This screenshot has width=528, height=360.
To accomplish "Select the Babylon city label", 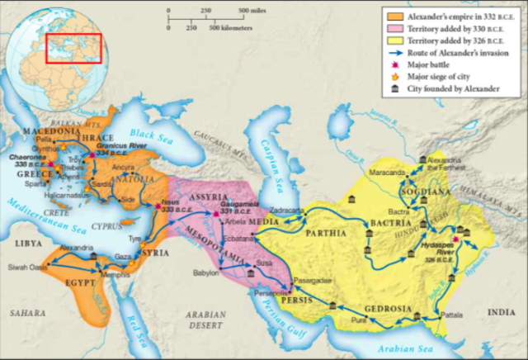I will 205,272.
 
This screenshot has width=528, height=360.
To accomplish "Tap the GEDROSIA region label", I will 390,309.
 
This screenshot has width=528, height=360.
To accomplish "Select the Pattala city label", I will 453,315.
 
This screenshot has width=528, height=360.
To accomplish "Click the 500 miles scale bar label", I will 253,11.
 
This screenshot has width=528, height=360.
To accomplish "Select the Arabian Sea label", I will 387,346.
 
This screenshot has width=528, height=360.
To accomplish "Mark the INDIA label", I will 499,311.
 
